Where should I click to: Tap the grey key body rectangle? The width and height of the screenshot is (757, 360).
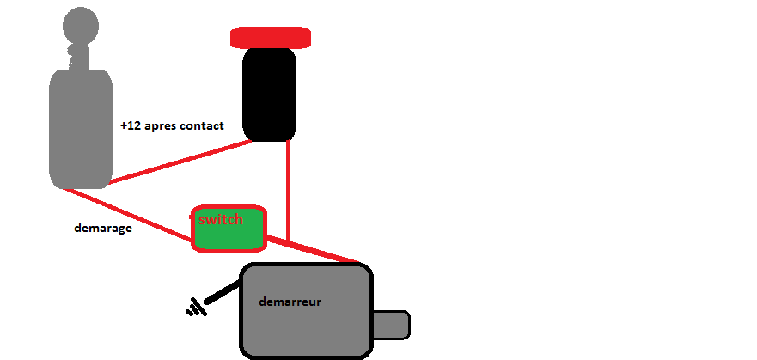(x=81, y=129)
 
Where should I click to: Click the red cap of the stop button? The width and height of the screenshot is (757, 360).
(x=270, y=38)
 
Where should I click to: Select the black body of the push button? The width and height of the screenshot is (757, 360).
(x=270, y=95)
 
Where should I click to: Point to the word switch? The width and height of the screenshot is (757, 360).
(x=220, y=219)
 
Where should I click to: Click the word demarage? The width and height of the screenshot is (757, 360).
(x=104, y=229)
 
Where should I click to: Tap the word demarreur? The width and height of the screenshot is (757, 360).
(x=290, y=302)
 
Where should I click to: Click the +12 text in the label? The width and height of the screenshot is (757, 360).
(x=131, y=125)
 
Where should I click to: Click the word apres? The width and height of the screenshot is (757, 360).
(x=161, y=126)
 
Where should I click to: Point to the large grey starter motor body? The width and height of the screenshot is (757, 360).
(x=305, y=326)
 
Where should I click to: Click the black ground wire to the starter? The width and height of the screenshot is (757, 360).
(x=223, y=292)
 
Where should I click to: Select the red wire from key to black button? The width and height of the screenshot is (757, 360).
(x=180, y=162)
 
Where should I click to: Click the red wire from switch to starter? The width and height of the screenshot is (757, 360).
(x=314, y=249)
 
